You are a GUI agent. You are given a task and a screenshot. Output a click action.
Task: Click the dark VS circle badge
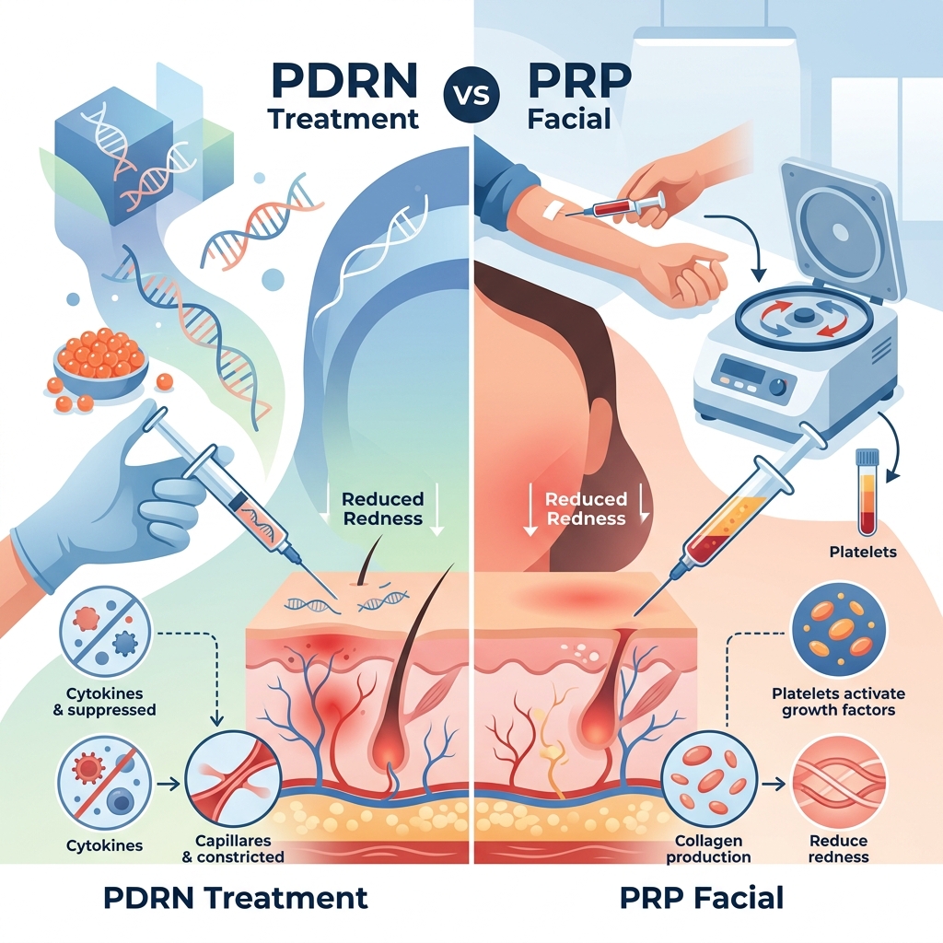[x=471, y=99]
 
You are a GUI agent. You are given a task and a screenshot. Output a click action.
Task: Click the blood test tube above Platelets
[x=866, y=491]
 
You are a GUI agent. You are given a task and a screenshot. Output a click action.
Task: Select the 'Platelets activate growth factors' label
[x=839, y=702]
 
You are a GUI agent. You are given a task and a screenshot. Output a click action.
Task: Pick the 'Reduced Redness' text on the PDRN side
[x=382, y=508]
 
